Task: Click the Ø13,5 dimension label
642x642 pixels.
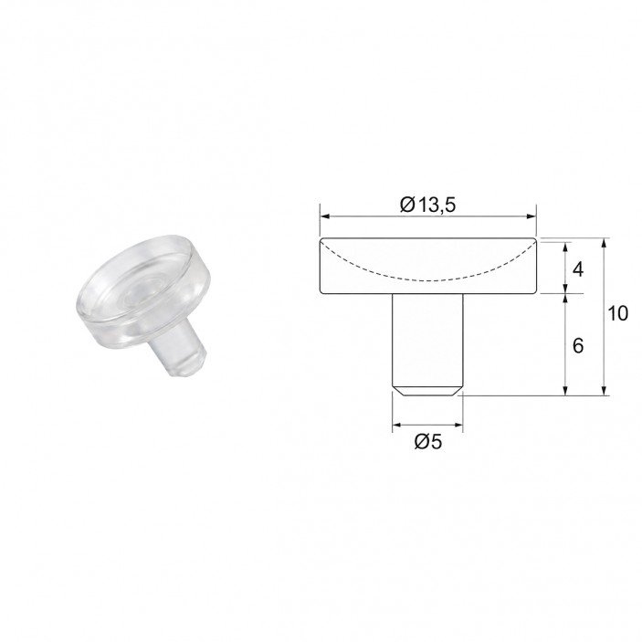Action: click(x=427, y=205)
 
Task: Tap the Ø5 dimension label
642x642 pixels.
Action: click(x=428, y=441)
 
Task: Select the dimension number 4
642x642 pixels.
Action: click(x=578, y=269)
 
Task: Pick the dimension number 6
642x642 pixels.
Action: click(x=578, y=346)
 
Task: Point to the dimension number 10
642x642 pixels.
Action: click(x=617, y=313)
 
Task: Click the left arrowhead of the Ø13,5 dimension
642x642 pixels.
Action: click(x=324, y=216)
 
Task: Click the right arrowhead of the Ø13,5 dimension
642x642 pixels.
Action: click(x=531, y=216)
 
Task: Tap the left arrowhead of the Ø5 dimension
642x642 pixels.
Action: click(x=397, y=425)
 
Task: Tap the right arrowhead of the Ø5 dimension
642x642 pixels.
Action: click(x=458, y=425)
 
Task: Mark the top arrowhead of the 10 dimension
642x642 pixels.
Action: click(x=603, y=243)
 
